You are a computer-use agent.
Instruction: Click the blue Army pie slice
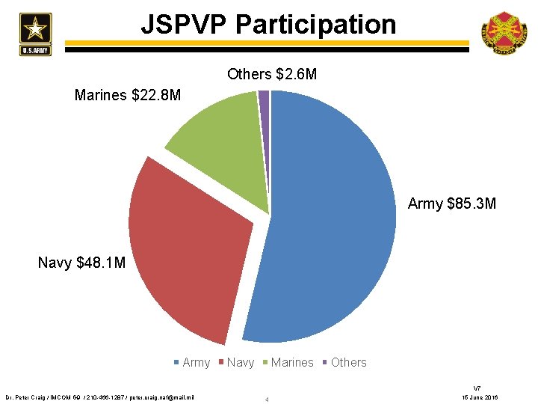point(336,224)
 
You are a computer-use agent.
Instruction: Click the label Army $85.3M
point(451,203)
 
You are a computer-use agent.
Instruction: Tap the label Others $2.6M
point(271,74)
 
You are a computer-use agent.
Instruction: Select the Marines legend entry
point(287,362)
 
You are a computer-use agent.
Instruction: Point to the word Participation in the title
point(315,25)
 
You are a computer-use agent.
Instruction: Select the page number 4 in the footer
point(267,400)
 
